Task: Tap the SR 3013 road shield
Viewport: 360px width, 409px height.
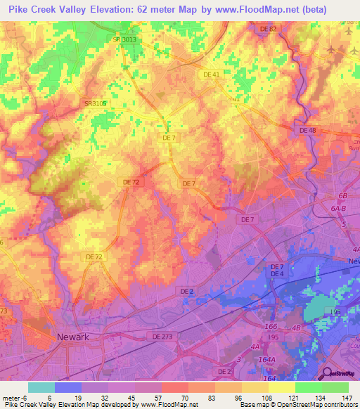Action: click(124, 39)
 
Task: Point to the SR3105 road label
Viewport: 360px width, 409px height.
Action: click(95, 103)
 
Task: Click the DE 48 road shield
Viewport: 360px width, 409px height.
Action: click(308, 130)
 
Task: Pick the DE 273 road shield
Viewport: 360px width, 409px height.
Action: click(162, 337)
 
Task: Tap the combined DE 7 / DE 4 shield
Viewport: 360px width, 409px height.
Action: click(278, 270)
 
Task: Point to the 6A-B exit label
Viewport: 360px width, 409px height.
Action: click(340, 209)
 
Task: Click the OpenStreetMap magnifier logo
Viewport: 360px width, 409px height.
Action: click(328, 374)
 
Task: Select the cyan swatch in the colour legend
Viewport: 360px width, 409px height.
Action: click(41, 387)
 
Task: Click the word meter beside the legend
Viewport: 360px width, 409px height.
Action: click(11, 398)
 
